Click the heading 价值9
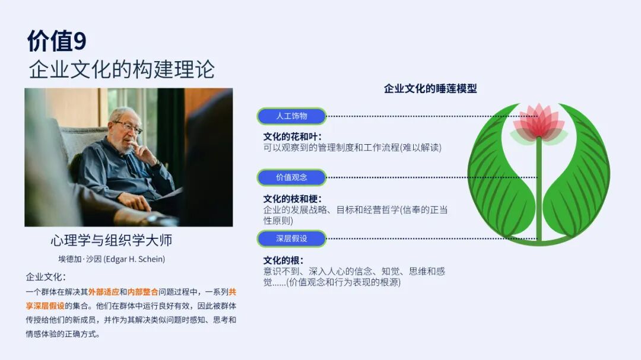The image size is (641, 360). click(x=57, y=41)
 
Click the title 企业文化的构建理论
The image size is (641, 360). click(x=122, y=69)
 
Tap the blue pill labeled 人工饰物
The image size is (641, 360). click(x=291, y=116)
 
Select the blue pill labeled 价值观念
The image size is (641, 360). click(x=291, y=177)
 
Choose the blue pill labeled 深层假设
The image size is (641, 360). click(x=291, y=238)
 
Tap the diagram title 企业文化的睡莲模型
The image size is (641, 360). click(x=430, y=89)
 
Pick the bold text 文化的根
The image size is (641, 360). click(x=281, y=260)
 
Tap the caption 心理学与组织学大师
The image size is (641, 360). click(x=111, y=240)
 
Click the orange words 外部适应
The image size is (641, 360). click(x=103, y=292)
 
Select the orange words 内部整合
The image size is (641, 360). click(x=142, y=292)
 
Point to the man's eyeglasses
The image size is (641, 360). click(x=128, y=127)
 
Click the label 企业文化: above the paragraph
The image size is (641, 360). click(x=46, y=277)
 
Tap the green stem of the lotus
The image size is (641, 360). click(x=539, y=188)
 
